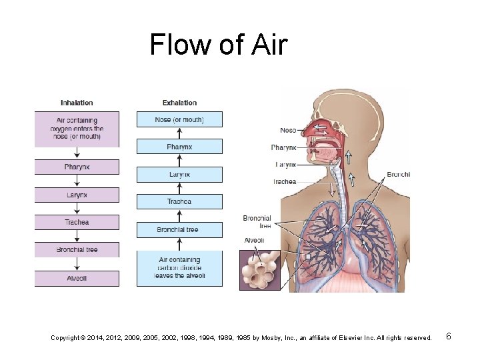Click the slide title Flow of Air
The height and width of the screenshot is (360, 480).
(218, 45)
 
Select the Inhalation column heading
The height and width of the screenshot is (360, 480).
(77, 103)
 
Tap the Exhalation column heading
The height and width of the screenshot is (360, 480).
(179, 103)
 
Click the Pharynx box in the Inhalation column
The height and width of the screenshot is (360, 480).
(77, 167)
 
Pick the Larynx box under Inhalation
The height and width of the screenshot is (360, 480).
(77, 195)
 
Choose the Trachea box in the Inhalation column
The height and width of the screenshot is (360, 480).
(77, 222)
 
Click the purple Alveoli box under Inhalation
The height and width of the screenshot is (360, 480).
(77, 278)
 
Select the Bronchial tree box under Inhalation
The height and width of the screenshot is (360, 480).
(77, 249)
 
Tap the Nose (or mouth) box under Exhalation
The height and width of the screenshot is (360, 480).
(179, 120)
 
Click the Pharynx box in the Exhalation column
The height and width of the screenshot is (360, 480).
(179, 147)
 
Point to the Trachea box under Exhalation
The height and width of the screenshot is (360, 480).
(179, 201)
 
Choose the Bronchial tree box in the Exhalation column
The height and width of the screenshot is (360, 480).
(179, 229)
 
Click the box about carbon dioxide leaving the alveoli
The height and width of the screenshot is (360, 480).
(179, 268)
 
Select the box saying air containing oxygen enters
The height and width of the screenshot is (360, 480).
(77, 129)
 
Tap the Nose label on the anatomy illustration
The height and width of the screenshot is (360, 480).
(288, 131)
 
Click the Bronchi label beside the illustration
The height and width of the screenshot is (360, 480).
(398, 175)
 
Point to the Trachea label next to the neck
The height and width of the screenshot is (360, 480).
(285, 181)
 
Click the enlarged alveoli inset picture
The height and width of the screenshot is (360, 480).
(261, 269)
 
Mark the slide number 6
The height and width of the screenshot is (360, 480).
(449, 337)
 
